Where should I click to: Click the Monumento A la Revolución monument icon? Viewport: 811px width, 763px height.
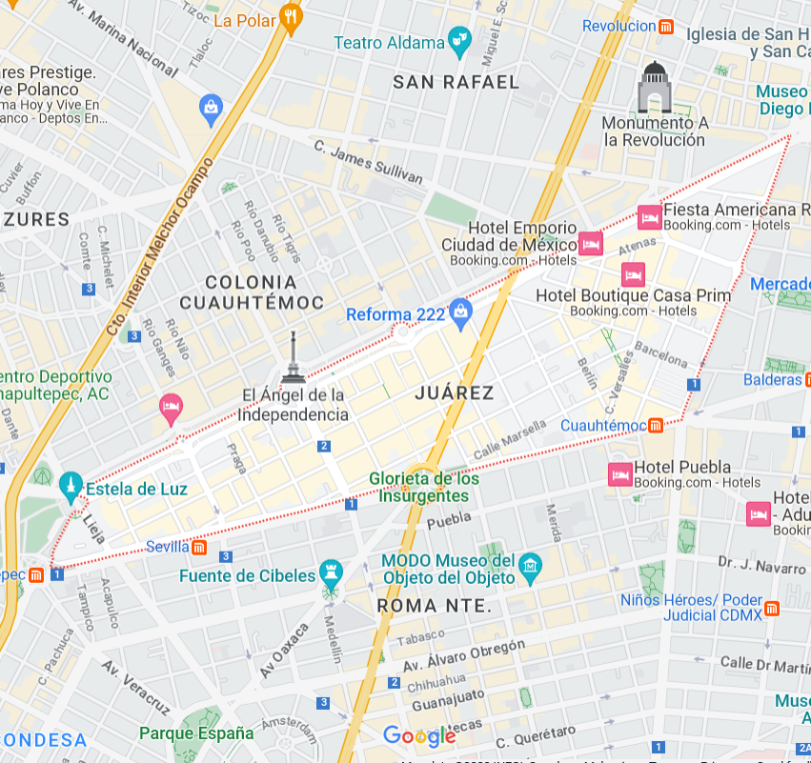[655, 87]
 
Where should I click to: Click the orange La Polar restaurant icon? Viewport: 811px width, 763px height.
[292, 17]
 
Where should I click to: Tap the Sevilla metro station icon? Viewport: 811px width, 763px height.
[199, 547]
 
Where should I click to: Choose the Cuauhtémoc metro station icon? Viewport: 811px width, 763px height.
[656, 425]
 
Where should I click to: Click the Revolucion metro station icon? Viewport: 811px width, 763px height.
[667, 27]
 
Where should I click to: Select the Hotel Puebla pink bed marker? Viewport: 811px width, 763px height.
[619, 473]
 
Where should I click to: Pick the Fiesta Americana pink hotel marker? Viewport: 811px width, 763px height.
[650, 217]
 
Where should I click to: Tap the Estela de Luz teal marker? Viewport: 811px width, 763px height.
[69, 487]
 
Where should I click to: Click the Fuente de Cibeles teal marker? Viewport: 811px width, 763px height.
[331, 572]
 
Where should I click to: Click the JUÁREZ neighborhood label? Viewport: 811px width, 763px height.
[455, 392]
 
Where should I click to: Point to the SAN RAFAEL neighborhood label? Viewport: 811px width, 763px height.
[456, 82]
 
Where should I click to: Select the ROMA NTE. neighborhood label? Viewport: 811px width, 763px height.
[434, 606]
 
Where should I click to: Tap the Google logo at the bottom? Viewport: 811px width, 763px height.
[419, 736]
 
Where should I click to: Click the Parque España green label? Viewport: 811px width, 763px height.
[196, 733]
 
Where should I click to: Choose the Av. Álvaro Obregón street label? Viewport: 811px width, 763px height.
[463, 656]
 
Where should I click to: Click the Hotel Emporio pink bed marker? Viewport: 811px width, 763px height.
[591, 243]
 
